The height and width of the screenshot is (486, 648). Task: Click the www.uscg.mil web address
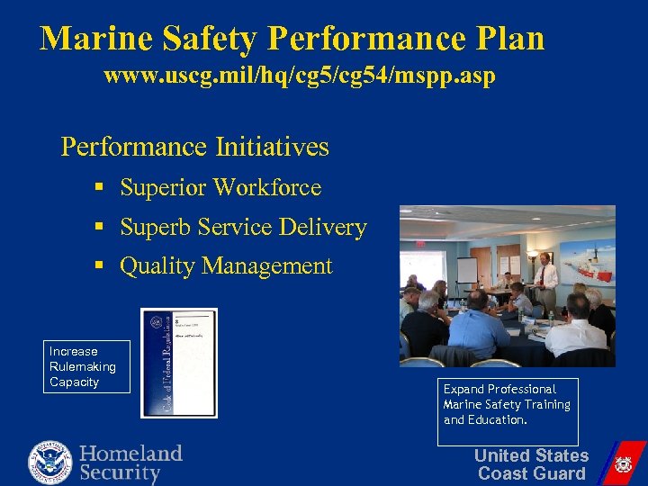(x=300, y=76)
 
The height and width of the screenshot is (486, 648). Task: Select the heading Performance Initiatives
(x=194, y=147)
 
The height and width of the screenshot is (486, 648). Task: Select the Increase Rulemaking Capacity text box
(x=87, y=366)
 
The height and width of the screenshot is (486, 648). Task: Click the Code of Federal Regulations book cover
(x=179, y=363)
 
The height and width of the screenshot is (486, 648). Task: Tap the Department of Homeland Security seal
(x=50, y=462)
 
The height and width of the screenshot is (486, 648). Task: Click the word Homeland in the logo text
(x=130, y=453)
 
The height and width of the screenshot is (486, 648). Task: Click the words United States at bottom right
(x=531, y=455)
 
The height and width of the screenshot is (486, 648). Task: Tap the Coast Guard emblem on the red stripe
(x=622, y=464)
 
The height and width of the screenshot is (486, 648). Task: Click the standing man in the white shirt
(x=544, y=281)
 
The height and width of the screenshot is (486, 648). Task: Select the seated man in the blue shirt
(x=479, y=324)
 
